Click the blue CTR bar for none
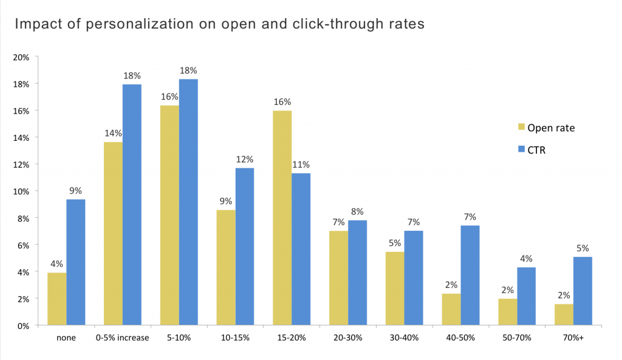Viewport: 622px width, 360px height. point(75,262)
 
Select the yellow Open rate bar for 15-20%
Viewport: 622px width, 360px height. point(282,218)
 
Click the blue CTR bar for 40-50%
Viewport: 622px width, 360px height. point(470,276)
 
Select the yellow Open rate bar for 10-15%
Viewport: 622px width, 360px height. point(226,268)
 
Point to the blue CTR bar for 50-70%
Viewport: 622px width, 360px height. point(527,296)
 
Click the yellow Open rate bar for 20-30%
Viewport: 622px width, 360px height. point(338,278)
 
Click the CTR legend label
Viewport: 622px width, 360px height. point(536,149)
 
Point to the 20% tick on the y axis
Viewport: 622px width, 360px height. point(22,57)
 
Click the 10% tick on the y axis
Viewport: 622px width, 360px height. point(22,191)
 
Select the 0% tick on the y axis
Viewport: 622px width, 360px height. point(24,325)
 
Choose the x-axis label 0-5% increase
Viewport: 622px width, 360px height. point(122,338)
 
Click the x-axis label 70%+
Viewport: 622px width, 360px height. point(573,338)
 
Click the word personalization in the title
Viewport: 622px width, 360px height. point(124,25)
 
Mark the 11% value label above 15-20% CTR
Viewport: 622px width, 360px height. point(301,164)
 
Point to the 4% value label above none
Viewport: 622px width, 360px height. point(57,263)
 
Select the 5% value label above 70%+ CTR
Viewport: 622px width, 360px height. point(583,248)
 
